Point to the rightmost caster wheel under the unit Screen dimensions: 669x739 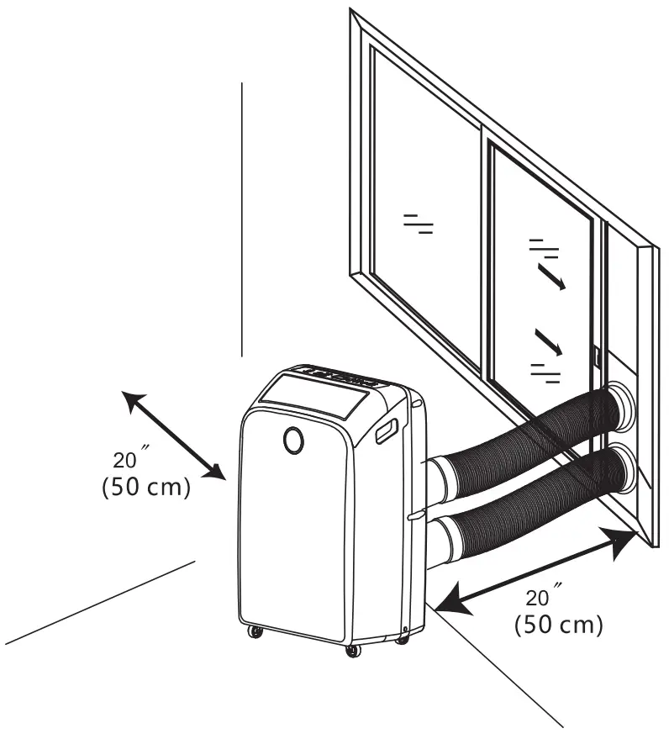[x=403, y=641]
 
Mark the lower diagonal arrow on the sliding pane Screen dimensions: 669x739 [x=547, y=342]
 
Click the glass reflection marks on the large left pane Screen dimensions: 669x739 [x=418, y=223]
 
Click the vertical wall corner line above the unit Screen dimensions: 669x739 [x=242, y=219]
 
